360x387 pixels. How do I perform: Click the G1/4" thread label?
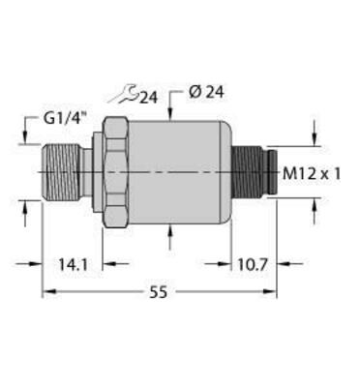pos(64,120)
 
